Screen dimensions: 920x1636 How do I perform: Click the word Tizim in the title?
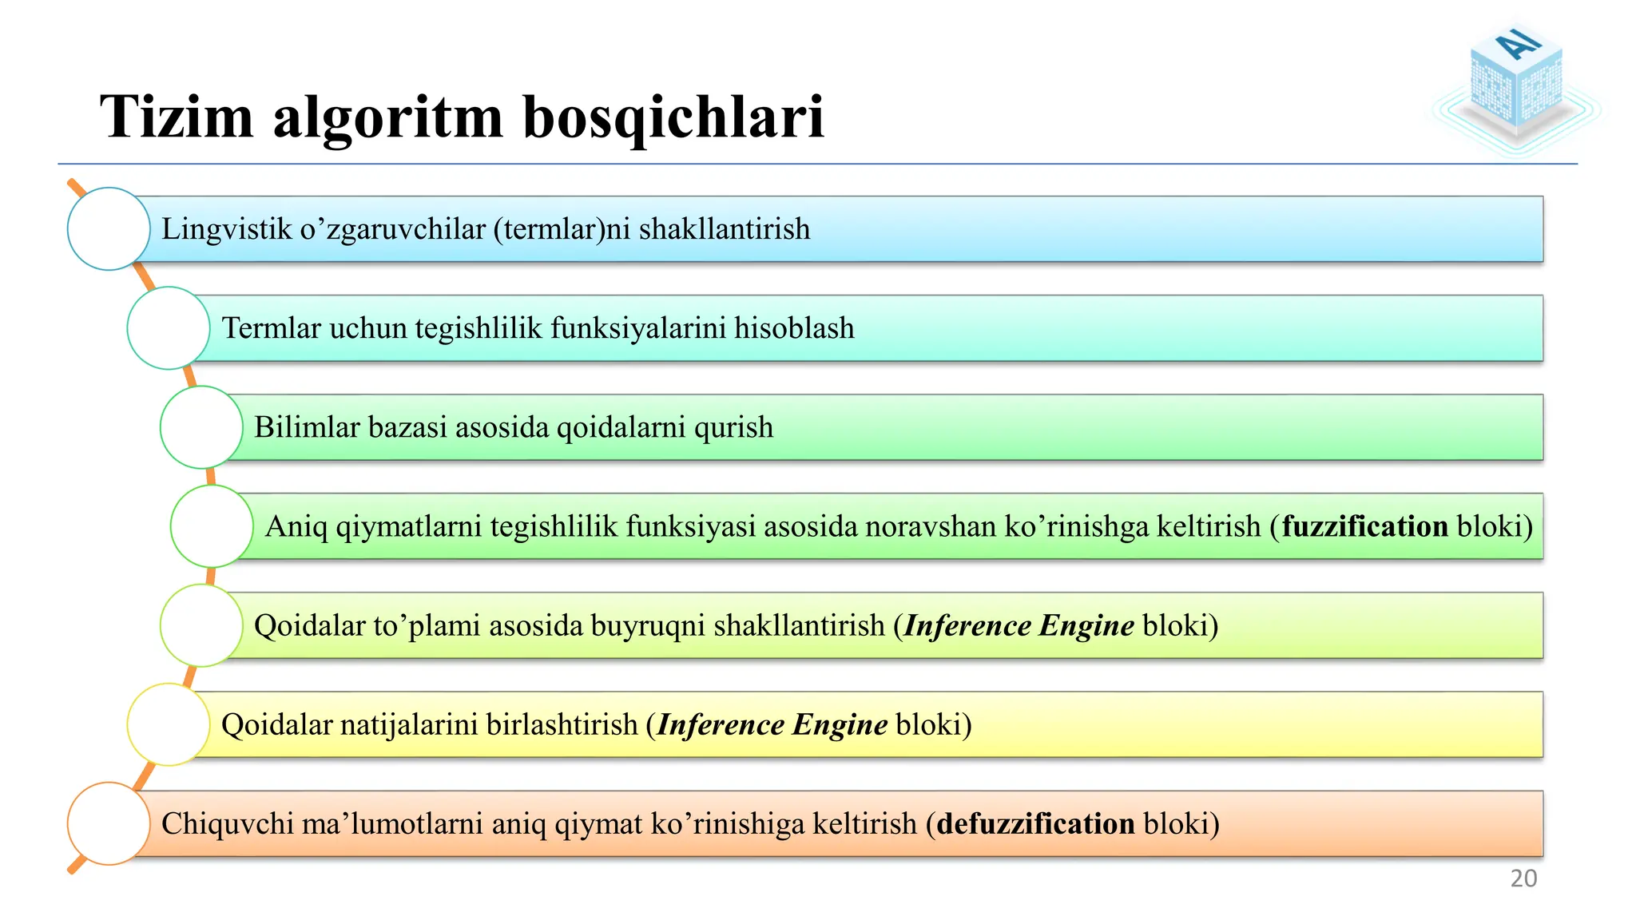point(177,117)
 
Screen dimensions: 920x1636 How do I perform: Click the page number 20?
point(1523,878)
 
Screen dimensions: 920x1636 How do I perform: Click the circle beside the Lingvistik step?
point(109,229)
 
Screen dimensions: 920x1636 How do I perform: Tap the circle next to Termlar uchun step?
point(169,328)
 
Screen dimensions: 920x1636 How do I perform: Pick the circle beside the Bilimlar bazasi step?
point(201,427)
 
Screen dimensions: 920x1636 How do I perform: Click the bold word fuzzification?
point(1364,526)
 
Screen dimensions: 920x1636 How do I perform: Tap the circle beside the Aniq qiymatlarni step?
point(212,526)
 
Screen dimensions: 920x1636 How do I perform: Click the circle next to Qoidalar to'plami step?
point(201,625)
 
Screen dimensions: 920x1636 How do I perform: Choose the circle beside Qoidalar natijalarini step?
point(169,724)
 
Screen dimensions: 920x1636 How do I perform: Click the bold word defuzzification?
point(1035,823)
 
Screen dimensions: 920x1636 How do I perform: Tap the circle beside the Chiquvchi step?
point(109,823)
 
